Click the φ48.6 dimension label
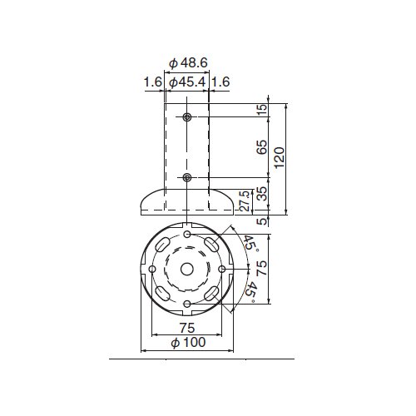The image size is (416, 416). click(x=188, y=63)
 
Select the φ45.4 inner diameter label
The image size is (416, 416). click(x=187, y=82)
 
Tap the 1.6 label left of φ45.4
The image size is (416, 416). click(x=152, y=82)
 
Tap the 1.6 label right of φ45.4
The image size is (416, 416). click(x=220, y=82)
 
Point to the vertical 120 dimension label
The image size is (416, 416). click(x=279, y=157)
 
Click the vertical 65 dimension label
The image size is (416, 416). click(x=262, y=147)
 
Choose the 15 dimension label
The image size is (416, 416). click(x=262, y=109)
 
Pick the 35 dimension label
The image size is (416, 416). click(x=262, y=193)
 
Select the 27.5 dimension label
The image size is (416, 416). click(x=245, y=201)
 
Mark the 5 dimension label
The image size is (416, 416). click(x=262, y=221)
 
